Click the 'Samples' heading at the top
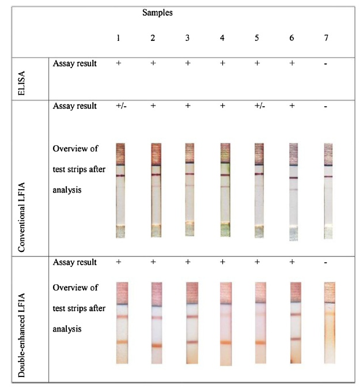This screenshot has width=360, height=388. click(x=157, y=12)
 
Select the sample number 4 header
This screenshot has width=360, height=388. click(x=222, y=37)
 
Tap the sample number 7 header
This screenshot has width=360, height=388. click(x=326, y=37)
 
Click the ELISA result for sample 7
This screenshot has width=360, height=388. click(x=326, y=63)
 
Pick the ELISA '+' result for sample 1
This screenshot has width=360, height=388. click(x=118, y=63)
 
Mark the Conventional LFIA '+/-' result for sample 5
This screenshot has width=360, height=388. click(x=257, y=106)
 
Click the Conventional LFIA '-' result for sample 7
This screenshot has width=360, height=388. click(x=326, y=107)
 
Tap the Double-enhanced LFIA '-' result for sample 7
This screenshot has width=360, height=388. click(x=326, y=262)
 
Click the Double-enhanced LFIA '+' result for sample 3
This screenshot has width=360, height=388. click(x=188, y=262)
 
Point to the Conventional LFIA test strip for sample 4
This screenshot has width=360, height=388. click(x=223, y=190)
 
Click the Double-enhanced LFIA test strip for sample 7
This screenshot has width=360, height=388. click(x=329, y=323)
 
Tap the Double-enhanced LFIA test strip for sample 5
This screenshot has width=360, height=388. click(x=260, y=323)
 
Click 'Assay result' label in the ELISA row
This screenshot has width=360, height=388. click(x=74, y=63)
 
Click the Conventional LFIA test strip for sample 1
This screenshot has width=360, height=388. click(x=120, y=190)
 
